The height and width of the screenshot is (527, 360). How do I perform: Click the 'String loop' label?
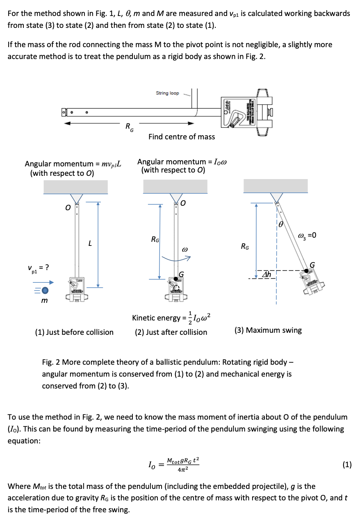[x=167, y=93]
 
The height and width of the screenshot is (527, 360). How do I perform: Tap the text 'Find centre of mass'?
[x=181, y=136]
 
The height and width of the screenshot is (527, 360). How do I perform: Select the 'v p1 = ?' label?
[x=39, y=268]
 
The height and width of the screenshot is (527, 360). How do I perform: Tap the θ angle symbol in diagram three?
[x=280, y=224]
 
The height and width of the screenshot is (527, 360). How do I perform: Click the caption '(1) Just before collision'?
[x=74, y=332]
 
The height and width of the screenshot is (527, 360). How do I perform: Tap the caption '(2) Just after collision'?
[x=171, y=332]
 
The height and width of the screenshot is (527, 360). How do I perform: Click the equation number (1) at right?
[x=346, y=464]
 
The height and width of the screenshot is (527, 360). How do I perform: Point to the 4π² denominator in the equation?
[x=183, y=470]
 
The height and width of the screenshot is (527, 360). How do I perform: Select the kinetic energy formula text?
[x=172, y=317]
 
